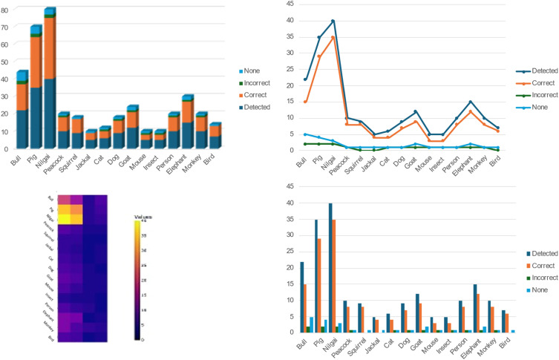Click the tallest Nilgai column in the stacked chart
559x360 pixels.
tap(49, 82)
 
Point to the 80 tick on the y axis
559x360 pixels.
tap(7, 10)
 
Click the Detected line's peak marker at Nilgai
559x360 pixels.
tap(333, 21)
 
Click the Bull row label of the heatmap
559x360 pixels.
tap(50, 198)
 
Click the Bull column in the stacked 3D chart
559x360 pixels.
tap(22, 111)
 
